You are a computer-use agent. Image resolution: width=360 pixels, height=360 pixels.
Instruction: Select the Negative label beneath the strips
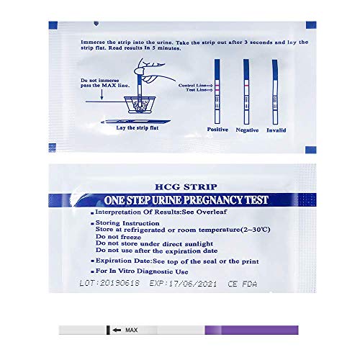coord(247,130)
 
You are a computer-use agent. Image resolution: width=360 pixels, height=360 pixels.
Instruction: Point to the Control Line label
coord(191,84)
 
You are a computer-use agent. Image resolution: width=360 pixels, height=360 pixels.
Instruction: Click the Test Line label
coord(193,90)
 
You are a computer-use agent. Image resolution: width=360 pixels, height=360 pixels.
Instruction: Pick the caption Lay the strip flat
coord(136,127)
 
